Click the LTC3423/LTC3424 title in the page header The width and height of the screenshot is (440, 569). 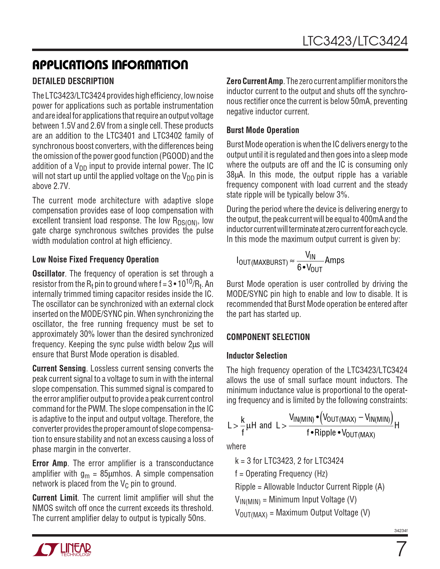point(355,41)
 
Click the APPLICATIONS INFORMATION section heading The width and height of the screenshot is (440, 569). point(110,65)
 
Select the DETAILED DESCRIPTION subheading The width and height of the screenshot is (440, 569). point(73,81)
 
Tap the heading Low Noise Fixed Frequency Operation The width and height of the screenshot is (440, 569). point(96,260)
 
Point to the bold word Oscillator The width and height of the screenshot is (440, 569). point(48,274)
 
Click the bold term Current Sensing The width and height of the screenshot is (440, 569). point(59,369)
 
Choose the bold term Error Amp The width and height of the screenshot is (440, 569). point(50,463)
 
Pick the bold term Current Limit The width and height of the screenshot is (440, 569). point(55,498)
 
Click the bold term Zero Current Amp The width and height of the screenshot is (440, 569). point(254,81)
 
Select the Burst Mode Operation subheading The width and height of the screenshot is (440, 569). point(263,130)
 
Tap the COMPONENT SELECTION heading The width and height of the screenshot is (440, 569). point(268,337)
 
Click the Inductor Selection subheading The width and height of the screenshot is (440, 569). point(256,356)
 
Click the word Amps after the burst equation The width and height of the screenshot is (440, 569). point(334,260)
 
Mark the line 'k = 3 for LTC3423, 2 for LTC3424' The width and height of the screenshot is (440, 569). point(289,461)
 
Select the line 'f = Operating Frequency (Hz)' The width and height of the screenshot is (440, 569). point(281,474)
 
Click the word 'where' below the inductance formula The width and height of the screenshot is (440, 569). point(236,447)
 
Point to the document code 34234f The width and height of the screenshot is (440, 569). point(401,531)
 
